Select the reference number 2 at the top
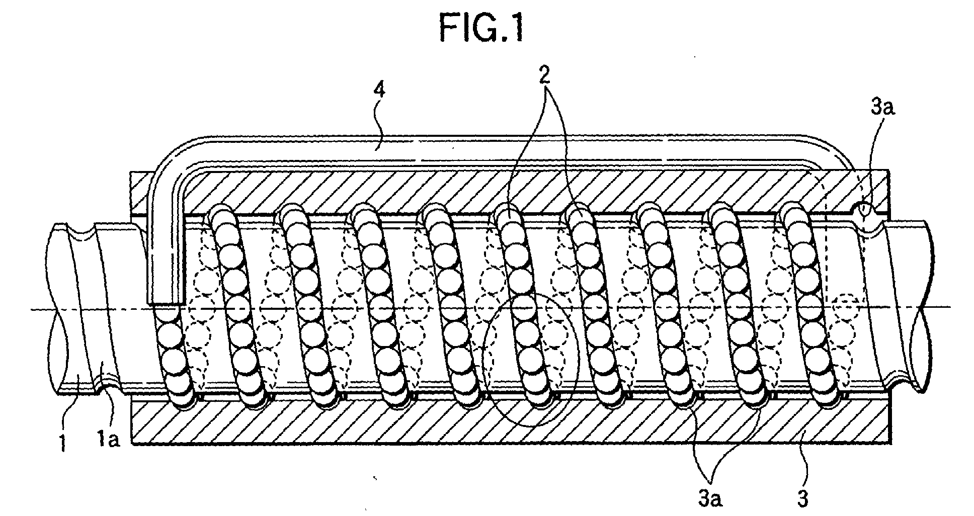(x=544, y=74)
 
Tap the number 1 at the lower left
(x=63, y=444)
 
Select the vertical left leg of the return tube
(x=165, y=251)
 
